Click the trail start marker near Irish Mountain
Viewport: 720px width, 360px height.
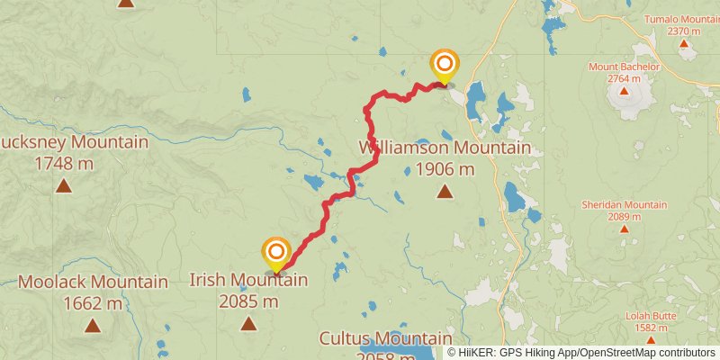[x=276, y=252]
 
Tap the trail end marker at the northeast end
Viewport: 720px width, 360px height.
[x=444, y=64]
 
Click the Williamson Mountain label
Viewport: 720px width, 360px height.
[x=445, y=148]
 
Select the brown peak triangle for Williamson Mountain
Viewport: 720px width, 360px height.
[x=445, y=191]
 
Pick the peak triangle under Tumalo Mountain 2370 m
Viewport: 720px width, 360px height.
[x=684, y=43]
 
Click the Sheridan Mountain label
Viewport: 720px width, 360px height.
[x=624, y=204]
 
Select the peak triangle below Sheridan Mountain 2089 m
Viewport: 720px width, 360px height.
[x=624, y=229]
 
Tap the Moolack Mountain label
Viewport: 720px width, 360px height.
[x=93, y=283]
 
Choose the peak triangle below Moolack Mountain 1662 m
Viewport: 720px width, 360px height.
[x=93, y=325]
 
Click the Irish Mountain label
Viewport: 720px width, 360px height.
[x=248, y=280]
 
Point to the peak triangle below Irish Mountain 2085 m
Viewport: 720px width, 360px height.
[x=248, y=323]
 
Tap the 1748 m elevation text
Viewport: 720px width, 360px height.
[x=63, y=163]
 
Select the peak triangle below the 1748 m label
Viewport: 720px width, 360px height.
[x=63, y=186]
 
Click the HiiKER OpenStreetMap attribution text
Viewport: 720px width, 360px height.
[x=581, y=353]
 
